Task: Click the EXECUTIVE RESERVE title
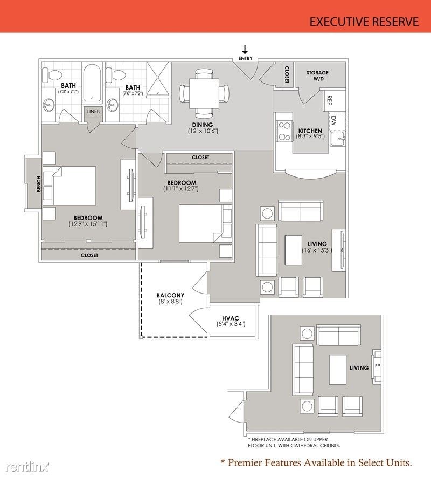364,22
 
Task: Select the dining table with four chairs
204,93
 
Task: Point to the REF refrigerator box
329,100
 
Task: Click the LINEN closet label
93,112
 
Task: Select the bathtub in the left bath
93,83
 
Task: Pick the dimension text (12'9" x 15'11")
88,223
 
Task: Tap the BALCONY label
170,295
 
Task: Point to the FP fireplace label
377,365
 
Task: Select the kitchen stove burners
283,131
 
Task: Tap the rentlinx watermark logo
26,465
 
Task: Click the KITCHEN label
310,131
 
